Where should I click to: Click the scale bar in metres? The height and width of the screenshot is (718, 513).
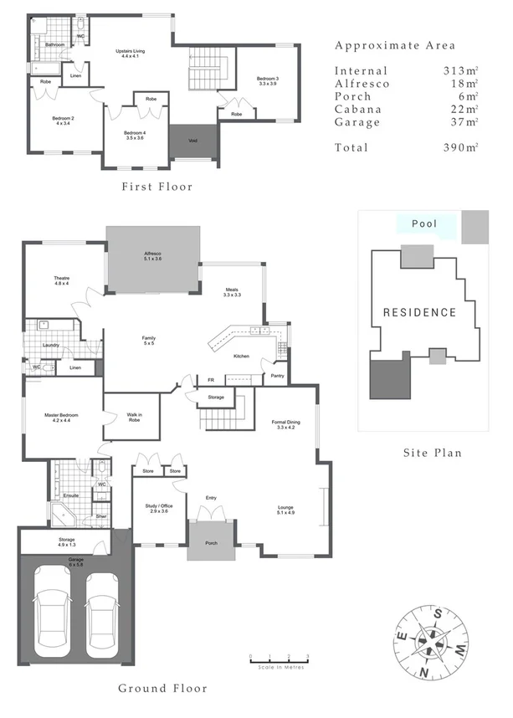coord(279,662)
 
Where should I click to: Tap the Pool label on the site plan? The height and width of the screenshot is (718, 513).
coord(425,224)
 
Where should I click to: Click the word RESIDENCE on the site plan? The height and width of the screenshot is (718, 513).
coord(419,313)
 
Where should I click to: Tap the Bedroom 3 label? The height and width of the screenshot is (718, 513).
coord(268,81)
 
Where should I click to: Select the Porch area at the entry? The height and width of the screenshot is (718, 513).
coord(211,541)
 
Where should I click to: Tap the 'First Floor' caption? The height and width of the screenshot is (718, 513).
coord(156,187)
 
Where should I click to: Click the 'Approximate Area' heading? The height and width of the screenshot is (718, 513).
coord(395,45)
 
